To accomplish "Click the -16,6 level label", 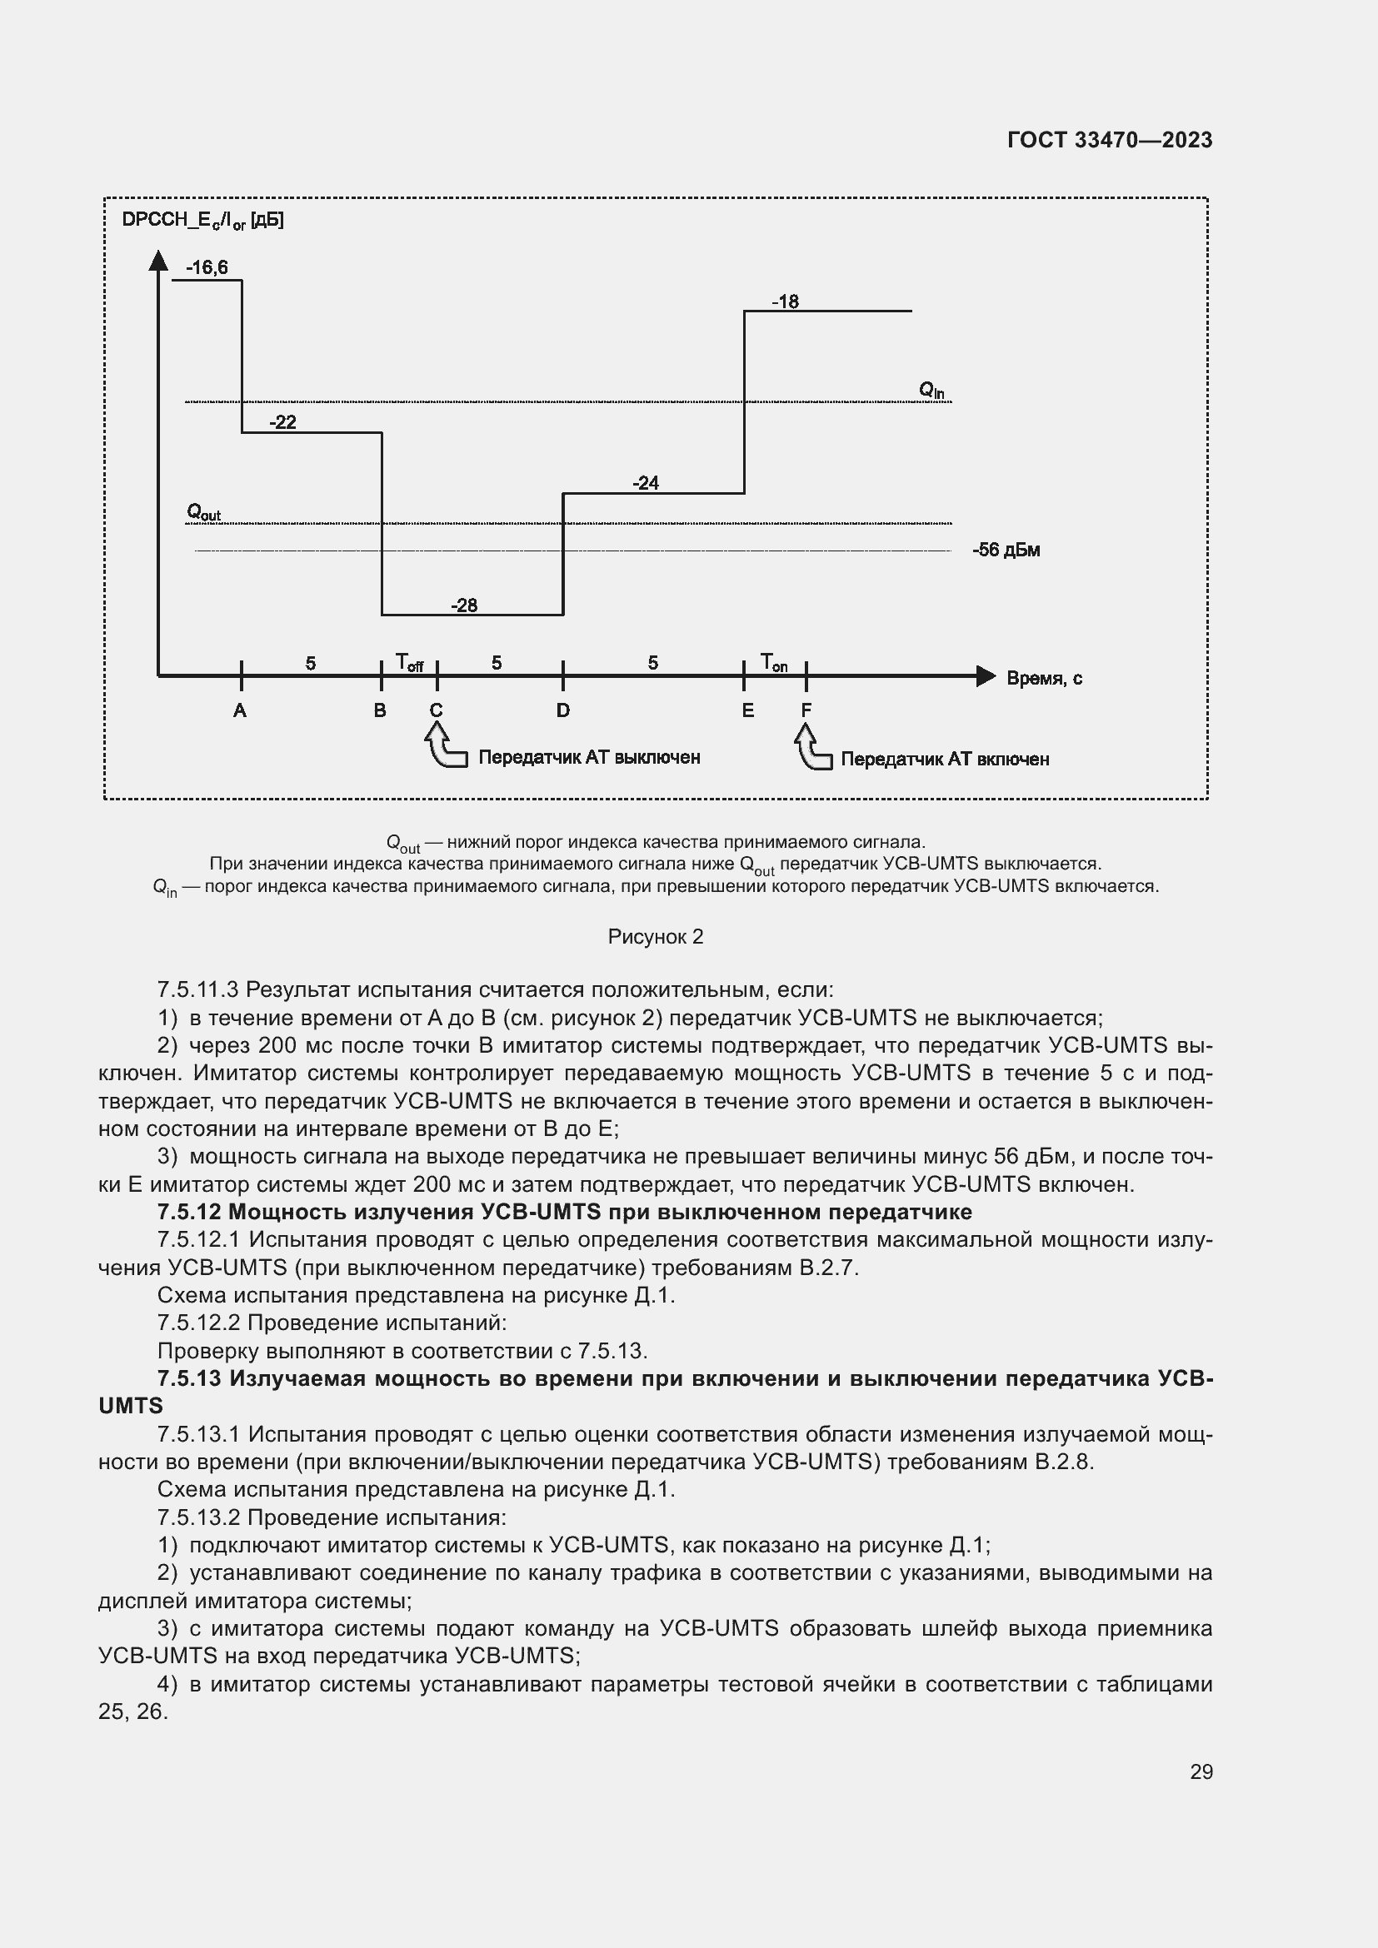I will (207, 268).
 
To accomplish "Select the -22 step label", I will (282, 422).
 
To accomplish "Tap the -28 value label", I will (464, 605).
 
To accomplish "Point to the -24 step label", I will (646, 483).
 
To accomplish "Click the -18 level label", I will (785, 301).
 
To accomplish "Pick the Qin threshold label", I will (931, 391).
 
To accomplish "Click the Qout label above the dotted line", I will (203, 512).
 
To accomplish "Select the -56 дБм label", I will (1006, 550).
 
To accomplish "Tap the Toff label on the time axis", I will (409, 663).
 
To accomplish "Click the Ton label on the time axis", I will (773, 662).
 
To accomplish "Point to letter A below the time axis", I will (240, 711).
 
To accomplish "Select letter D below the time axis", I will (562, 711).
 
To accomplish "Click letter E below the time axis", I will (747, 711).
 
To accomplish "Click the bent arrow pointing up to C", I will (444, 746).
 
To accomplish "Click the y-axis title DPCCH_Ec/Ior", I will (202, 221).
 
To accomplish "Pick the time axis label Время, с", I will (1044, 678).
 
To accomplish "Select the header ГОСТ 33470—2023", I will (1109, 140).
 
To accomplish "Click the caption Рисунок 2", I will (655, 937).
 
